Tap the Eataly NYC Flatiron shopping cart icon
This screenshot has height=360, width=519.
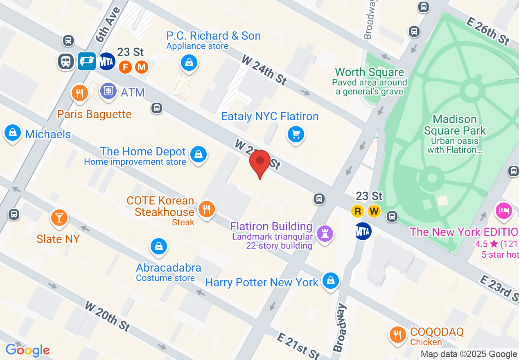(x=296, y=135)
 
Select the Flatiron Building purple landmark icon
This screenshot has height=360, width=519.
(x=325, y=234)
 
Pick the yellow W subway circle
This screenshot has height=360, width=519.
(x=374, y=211)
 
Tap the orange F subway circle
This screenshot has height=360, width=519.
(x=125, y=66)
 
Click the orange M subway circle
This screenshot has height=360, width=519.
(x=141, y=66)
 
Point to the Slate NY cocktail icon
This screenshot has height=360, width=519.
(x=59, y=218)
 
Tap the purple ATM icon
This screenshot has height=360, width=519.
(x=108, y=91)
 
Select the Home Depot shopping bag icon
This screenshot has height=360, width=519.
(x=199, y=154)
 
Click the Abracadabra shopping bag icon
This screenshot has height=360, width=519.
(x=158, y=246)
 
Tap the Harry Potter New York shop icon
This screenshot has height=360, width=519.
(x=330, y=281)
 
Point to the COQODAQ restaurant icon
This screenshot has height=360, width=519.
(x=397, y=335)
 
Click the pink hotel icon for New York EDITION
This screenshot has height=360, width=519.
(x=503, y=210)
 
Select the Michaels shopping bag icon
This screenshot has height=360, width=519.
(x=13, y=133)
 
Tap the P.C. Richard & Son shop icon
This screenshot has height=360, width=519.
(x=189, y=63)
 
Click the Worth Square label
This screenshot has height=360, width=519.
(x=369, y=72)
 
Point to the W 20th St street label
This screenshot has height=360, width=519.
(x=108, y=316)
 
